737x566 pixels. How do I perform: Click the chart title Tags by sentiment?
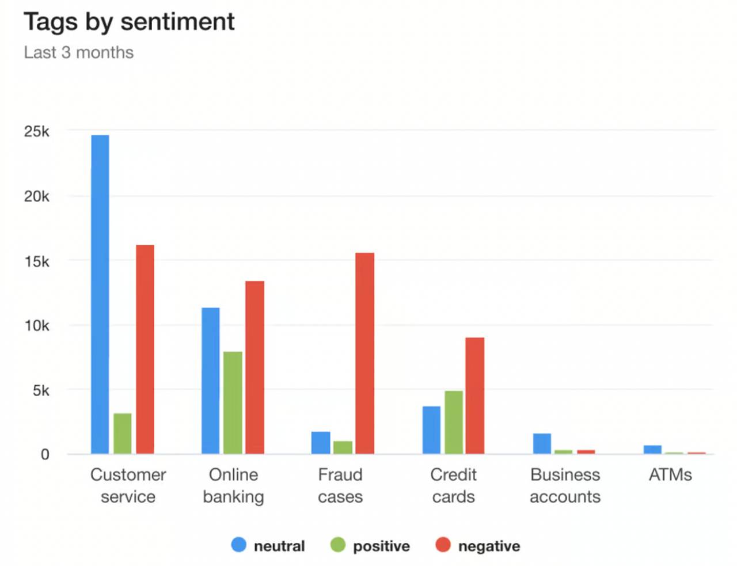129,22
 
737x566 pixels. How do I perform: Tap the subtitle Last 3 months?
79,52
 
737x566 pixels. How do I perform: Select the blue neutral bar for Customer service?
100,294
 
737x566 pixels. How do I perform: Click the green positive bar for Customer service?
122,434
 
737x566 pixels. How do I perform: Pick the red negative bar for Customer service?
145,350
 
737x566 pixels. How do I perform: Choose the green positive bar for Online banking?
233,402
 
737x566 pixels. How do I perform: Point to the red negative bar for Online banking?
254,367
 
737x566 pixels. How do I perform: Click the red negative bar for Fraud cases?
364,353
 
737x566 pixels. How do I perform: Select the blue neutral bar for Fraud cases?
321,443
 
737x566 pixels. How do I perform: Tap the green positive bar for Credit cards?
453,422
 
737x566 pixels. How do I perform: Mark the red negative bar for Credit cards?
474,396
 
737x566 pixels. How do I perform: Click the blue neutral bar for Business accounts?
542,443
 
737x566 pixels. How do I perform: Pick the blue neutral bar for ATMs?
652,449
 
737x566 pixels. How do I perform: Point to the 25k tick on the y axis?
37,131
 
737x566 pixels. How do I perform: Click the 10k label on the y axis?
37,325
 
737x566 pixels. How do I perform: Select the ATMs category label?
670,474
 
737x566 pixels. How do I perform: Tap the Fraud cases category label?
340,485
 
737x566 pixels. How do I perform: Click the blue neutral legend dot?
238,545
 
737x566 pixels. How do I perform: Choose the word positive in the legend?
381,546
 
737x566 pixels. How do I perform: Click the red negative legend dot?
442,545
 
